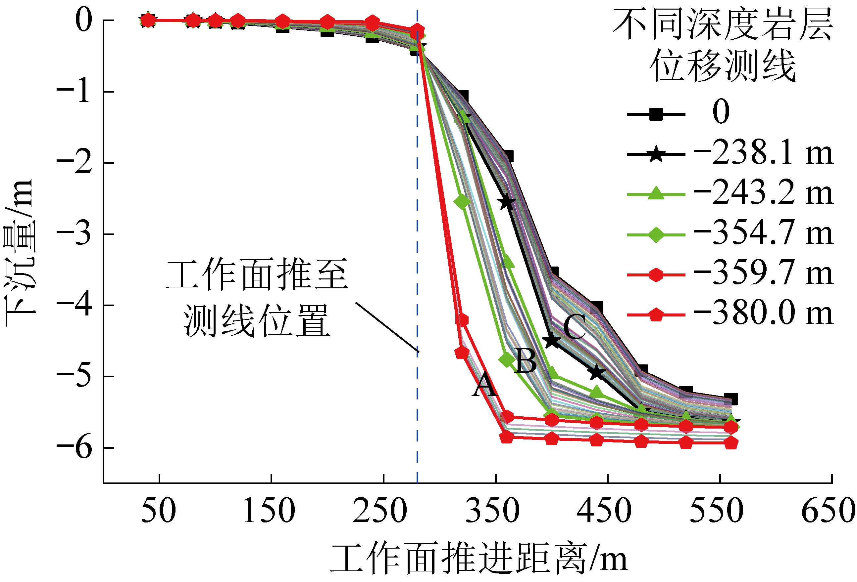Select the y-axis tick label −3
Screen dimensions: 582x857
point(74,234)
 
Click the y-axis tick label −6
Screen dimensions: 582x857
point(74,448)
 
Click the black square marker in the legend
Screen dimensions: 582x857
point(656,114)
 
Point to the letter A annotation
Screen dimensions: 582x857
point(484,385)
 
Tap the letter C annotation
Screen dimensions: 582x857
point(575,327)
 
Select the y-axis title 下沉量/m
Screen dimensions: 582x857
point(19,253)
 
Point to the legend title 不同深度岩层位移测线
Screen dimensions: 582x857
point(723,45)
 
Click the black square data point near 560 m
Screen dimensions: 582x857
point(731,399)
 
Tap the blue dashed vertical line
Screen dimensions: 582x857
point(418,258)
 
